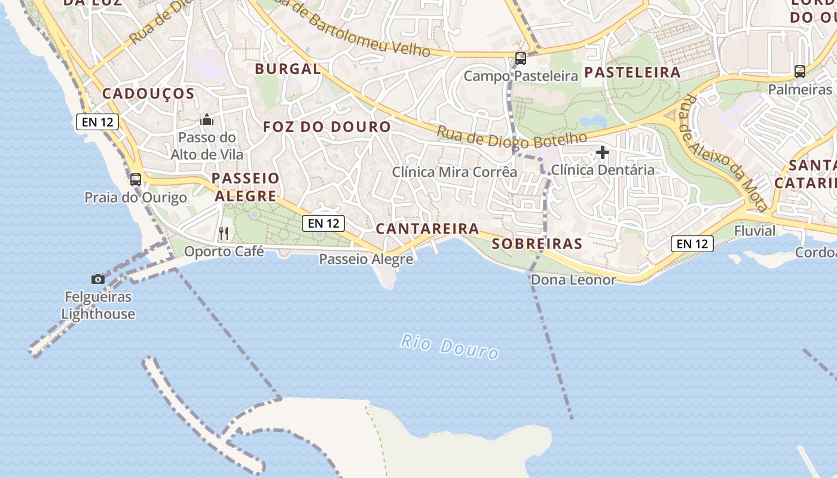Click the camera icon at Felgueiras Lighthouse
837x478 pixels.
[98, 279]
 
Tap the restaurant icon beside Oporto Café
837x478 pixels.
[224, 233]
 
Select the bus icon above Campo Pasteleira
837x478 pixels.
[521, 59]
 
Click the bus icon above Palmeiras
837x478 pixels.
[800, 72]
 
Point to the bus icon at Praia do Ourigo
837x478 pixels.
[136, 179]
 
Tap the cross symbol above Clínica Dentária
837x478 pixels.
[603, 152]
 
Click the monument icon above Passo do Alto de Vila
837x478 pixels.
[207, 119]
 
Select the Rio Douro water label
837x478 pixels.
[450, 347]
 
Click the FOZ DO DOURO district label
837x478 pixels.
[327, 127]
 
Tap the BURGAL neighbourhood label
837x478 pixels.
[288, 69]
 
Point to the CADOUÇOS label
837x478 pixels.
[148, 94]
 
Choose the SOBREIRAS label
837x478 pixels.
[537, 244]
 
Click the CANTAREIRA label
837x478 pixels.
[427, 228]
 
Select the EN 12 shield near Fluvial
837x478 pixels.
[693, 243]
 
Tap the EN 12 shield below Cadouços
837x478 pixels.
[97, 122]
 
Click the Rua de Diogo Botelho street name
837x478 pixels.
[512, 137]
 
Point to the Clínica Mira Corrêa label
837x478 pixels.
[454, 172]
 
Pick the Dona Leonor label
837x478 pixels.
[573, 280]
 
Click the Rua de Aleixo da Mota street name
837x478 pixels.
[723, 152]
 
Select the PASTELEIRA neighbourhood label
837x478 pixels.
[632, 72]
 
